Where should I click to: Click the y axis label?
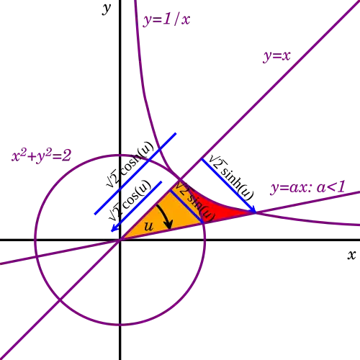[x=107, y=9]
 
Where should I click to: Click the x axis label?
[x=351, y=255]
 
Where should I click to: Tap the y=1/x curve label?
[x=166, y=19]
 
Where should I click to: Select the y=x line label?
[x=276, y=56]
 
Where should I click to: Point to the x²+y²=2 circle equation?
[x=41, y=156]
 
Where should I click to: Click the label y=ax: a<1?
[x=307, y=187]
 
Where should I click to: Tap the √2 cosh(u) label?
[x=130, y=164]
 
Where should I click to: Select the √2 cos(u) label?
[x=130, y=200]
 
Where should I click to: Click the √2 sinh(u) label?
[x=231, y=178]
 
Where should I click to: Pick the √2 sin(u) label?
[x=194, y=202]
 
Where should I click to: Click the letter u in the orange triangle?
[x=149, y=226]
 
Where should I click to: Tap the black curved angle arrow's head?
[x=169, y=225]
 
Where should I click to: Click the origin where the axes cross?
[x=120, y=240]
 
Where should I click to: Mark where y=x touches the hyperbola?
[x=180, y=180]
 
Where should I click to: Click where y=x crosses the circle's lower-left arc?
[x=60, y=300]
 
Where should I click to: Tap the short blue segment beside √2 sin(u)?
[x=186, y=207]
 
